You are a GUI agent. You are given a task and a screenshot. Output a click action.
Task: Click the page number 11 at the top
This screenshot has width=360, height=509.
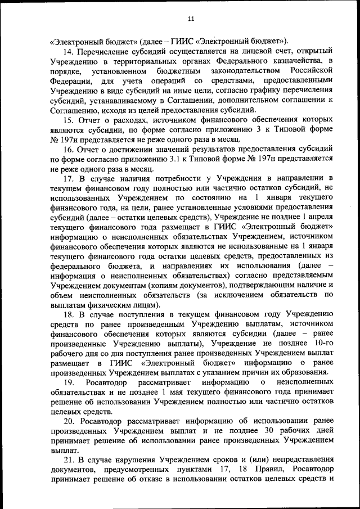(191, 19)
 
